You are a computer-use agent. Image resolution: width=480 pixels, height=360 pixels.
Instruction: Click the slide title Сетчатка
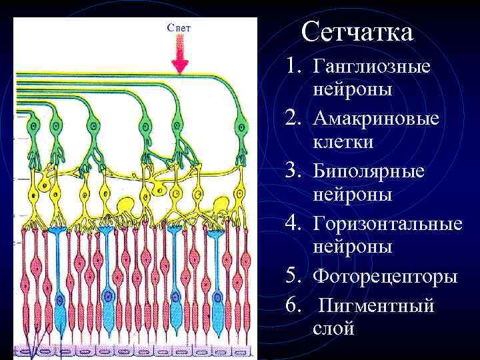coord(357,31)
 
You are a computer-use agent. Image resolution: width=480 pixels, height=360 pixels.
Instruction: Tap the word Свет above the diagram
coord(179,27)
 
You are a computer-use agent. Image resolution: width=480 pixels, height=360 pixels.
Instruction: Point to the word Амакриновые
coord(376,119)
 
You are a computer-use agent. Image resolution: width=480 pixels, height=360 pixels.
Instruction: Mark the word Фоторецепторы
coord(385,275)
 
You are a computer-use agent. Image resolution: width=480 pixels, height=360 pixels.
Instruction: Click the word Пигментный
coord(376,305)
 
